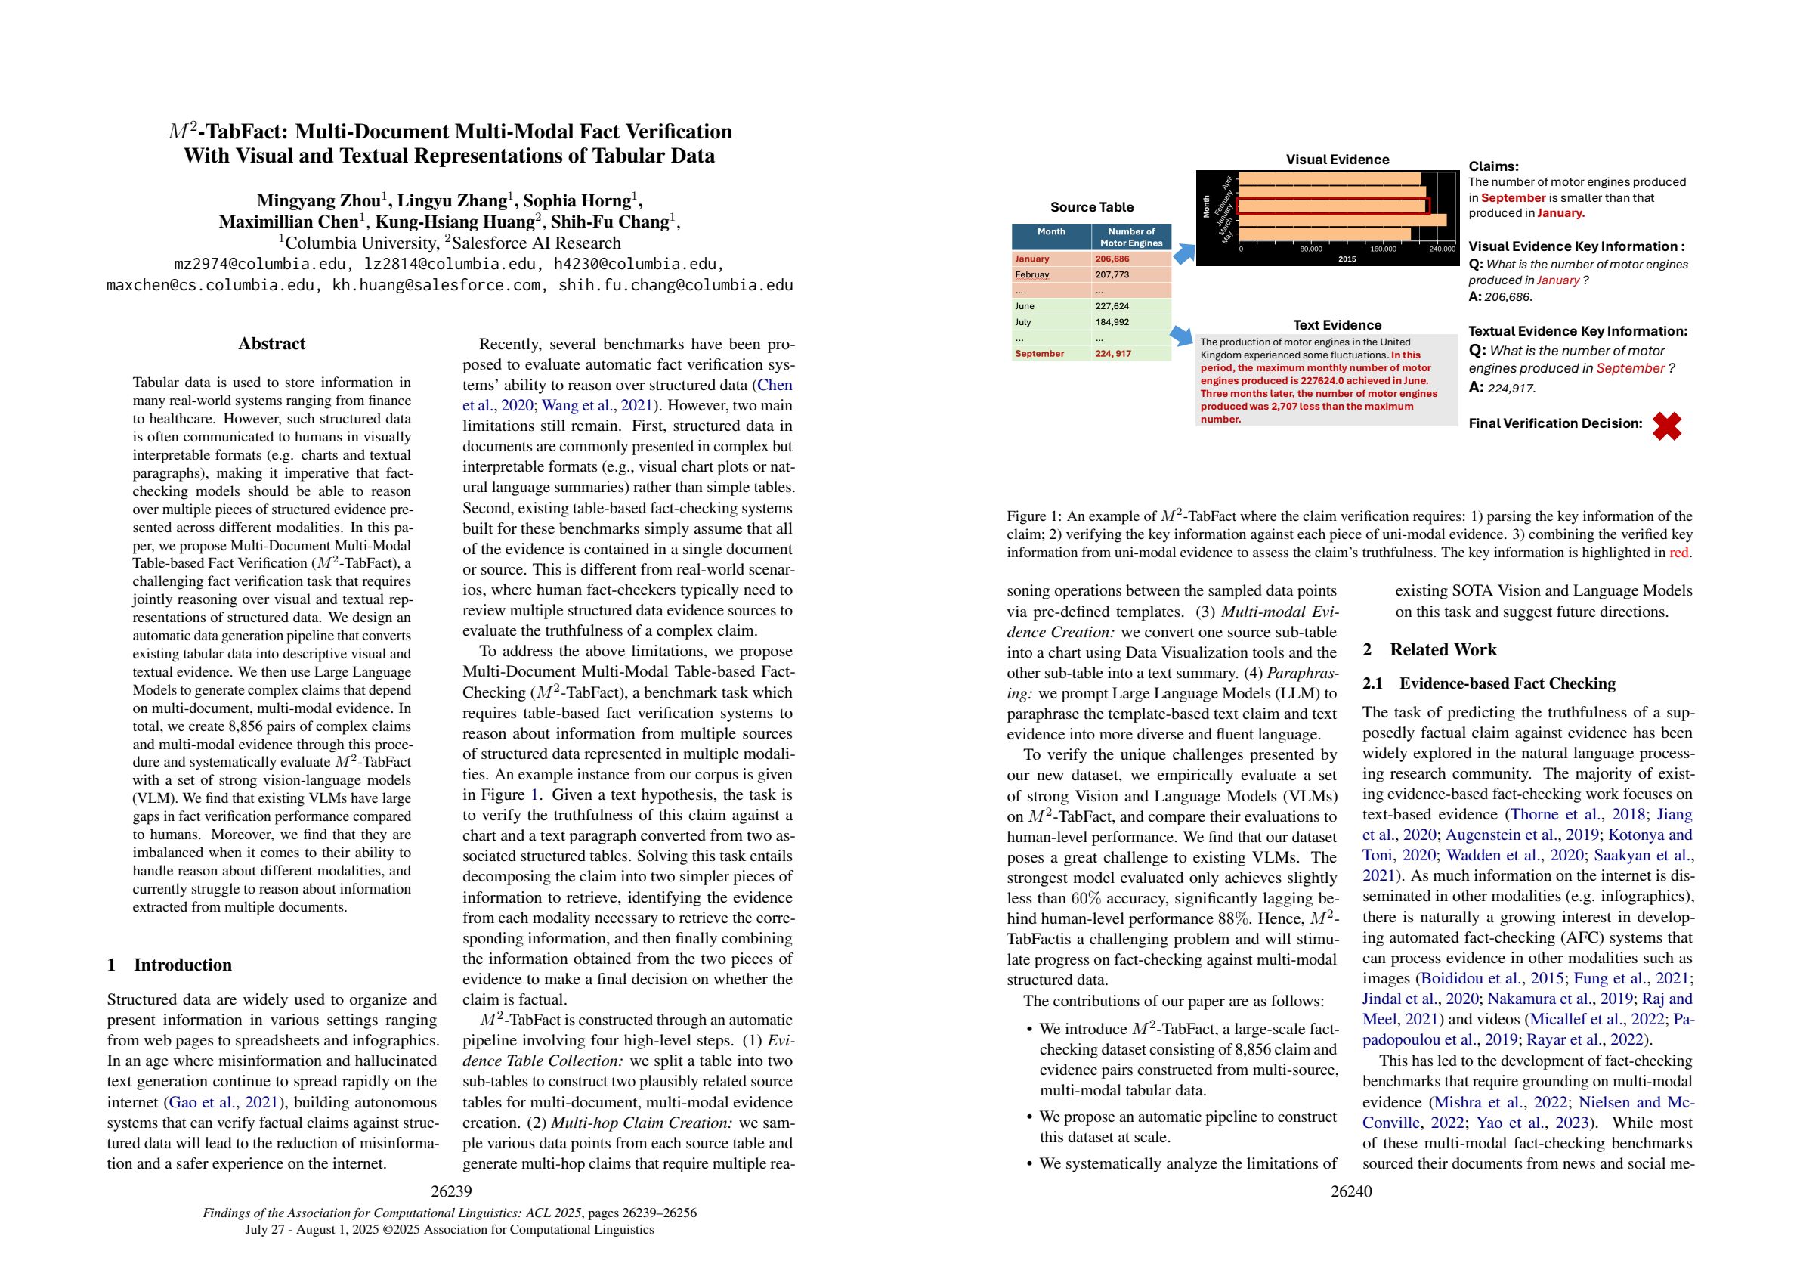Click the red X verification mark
1667,426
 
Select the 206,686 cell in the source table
1112,259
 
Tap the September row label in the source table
1040,354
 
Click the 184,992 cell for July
1112,322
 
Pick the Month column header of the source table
1051,232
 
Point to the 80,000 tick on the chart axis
1311,249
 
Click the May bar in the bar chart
1325,234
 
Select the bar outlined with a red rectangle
1333,206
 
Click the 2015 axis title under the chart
1347,259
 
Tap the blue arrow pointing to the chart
1184,253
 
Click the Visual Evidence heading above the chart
1338,160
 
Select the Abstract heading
271,343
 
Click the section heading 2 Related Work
1429,649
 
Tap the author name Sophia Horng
577,201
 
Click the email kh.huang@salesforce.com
436,285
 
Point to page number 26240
1351,1192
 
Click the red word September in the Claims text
1513,197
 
